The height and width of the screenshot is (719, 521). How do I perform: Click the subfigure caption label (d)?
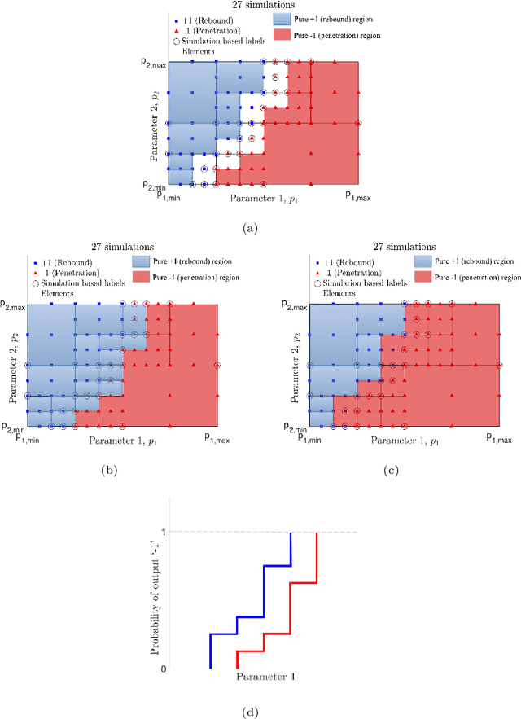coord(252,712)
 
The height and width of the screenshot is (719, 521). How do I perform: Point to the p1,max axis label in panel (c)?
coord(499,437)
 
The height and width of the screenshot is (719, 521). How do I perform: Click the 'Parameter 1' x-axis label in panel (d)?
coord(265,677)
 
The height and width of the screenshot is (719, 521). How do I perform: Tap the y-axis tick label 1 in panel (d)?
coord(163,533)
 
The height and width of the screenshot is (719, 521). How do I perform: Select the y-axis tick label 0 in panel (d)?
coord(163,669)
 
